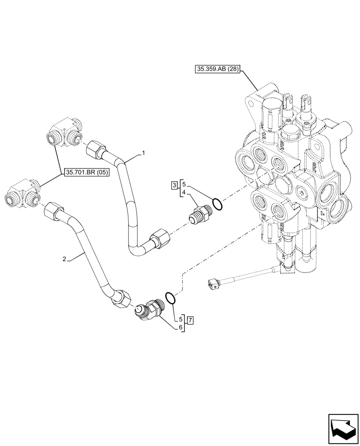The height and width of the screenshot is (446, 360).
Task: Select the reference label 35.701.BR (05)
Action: [86, 173]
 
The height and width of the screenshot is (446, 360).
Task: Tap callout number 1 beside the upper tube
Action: [143, 153]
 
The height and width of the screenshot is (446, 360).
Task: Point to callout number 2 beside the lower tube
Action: [65, 259]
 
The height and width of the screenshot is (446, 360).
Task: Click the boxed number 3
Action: [174, 185]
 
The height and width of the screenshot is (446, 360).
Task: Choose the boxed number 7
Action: [190, 320]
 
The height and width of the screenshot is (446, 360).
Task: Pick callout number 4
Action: [183, 193]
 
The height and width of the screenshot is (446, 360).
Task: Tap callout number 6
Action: [180, 327]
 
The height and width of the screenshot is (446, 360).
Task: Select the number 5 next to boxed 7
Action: [180, 319]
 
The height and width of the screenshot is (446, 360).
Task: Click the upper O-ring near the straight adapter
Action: [217, 204]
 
